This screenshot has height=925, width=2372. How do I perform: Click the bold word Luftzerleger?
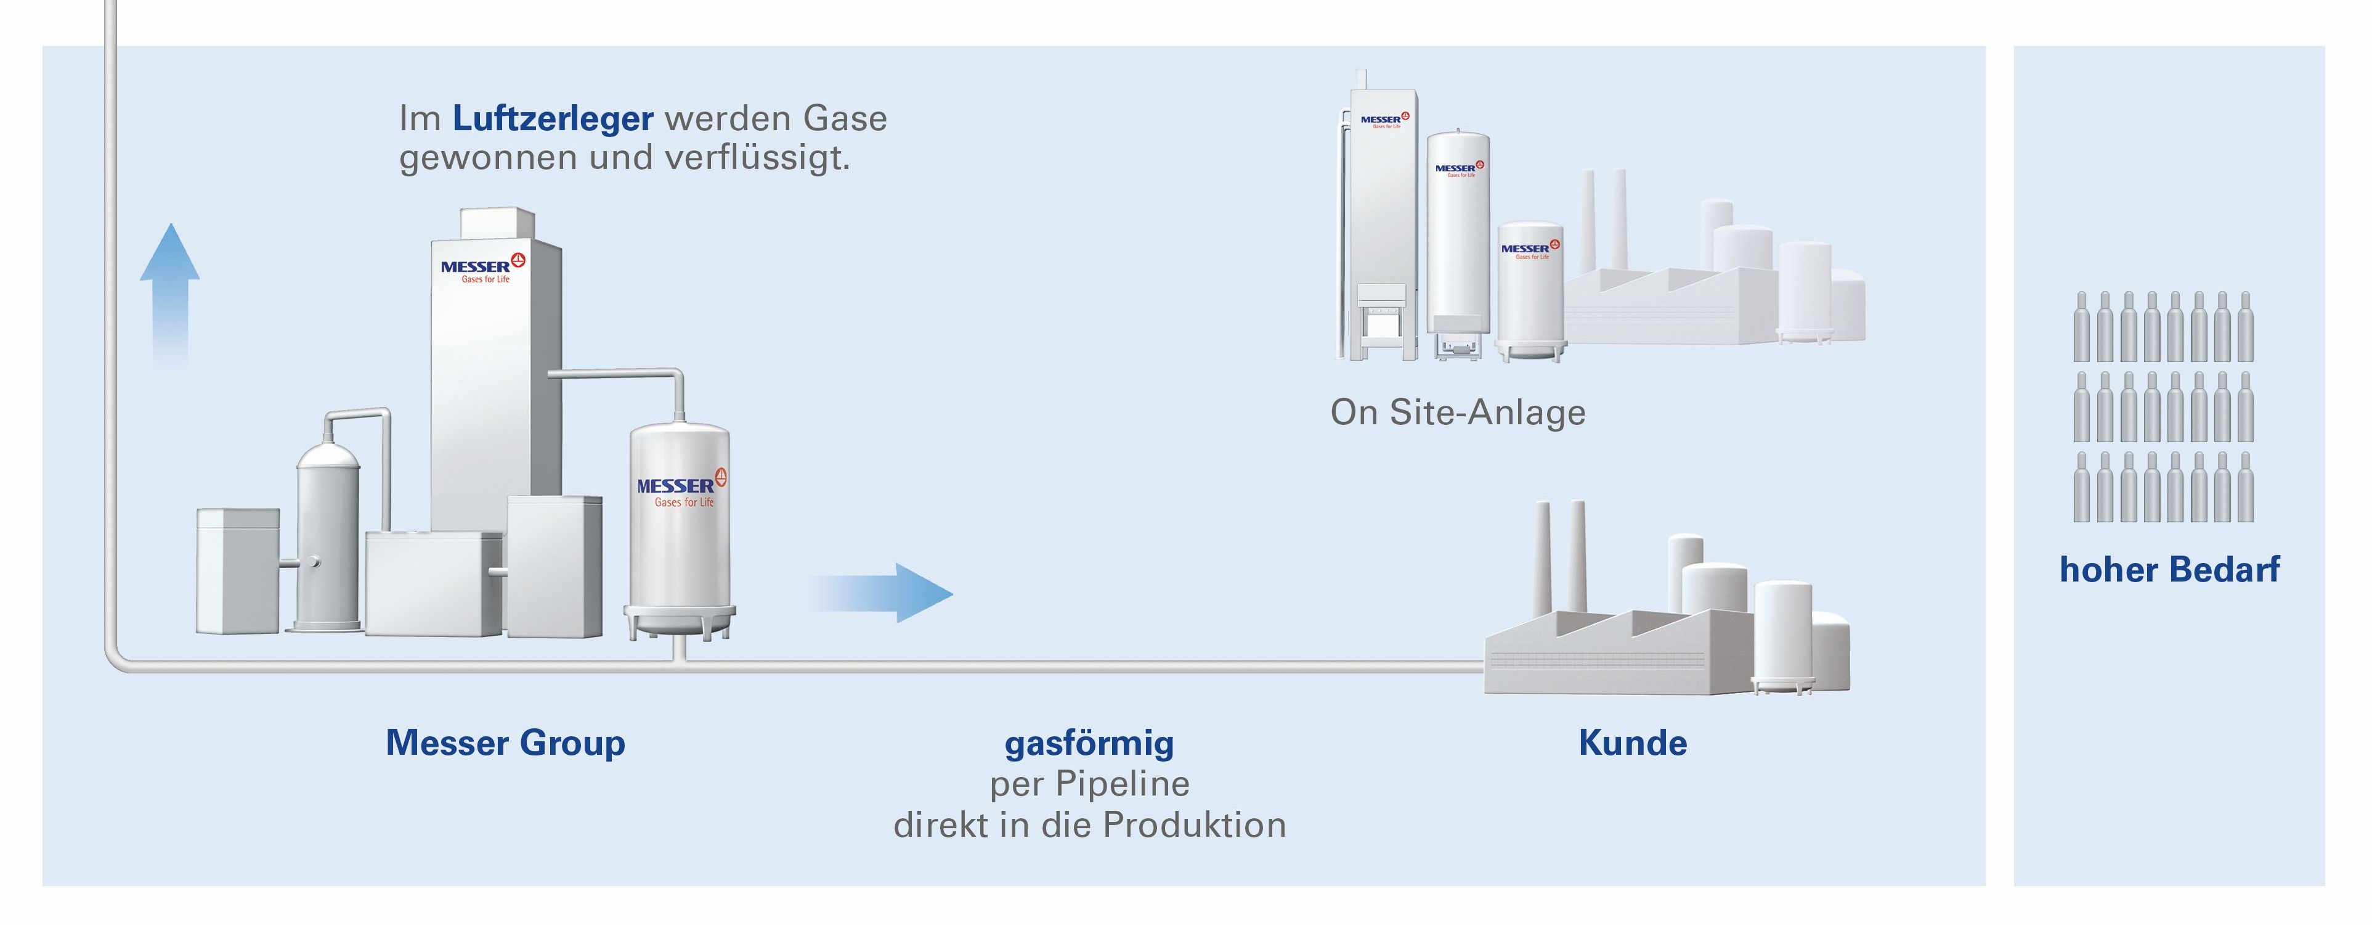click(x=553, y=119)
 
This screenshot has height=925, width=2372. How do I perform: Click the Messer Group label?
click(x=506, y=742)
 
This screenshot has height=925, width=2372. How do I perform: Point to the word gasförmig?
click(x=1089, y=742)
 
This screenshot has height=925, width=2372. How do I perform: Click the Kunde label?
click(x=1633, y=742)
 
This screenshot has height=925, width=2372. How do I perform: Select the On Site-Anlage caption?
click(x=1458, y=412)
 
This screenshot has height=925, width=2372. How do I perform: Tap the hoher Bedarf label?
click(x=2169, y=569)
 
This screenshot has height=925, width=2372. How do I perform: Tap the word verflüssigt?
click(x=757, y=158)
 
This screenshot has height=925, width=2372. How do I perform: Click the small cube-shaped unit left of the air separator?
click(x=238, y=571)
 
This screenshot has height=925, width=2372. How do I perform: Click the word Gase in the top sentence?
click(x=845, y=119)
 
